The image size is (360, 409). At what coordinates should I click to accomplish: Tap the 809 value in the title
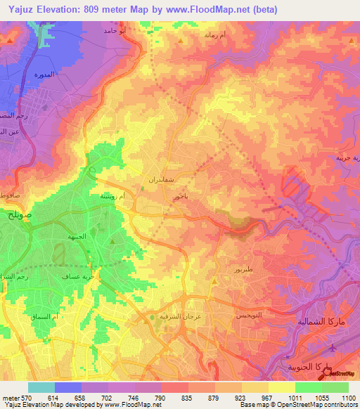96,9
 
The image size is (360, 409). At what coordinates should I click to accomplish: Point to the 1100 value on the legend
347,398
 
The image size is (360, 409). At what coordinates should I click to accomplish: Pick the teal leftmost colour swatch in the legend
41,387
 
